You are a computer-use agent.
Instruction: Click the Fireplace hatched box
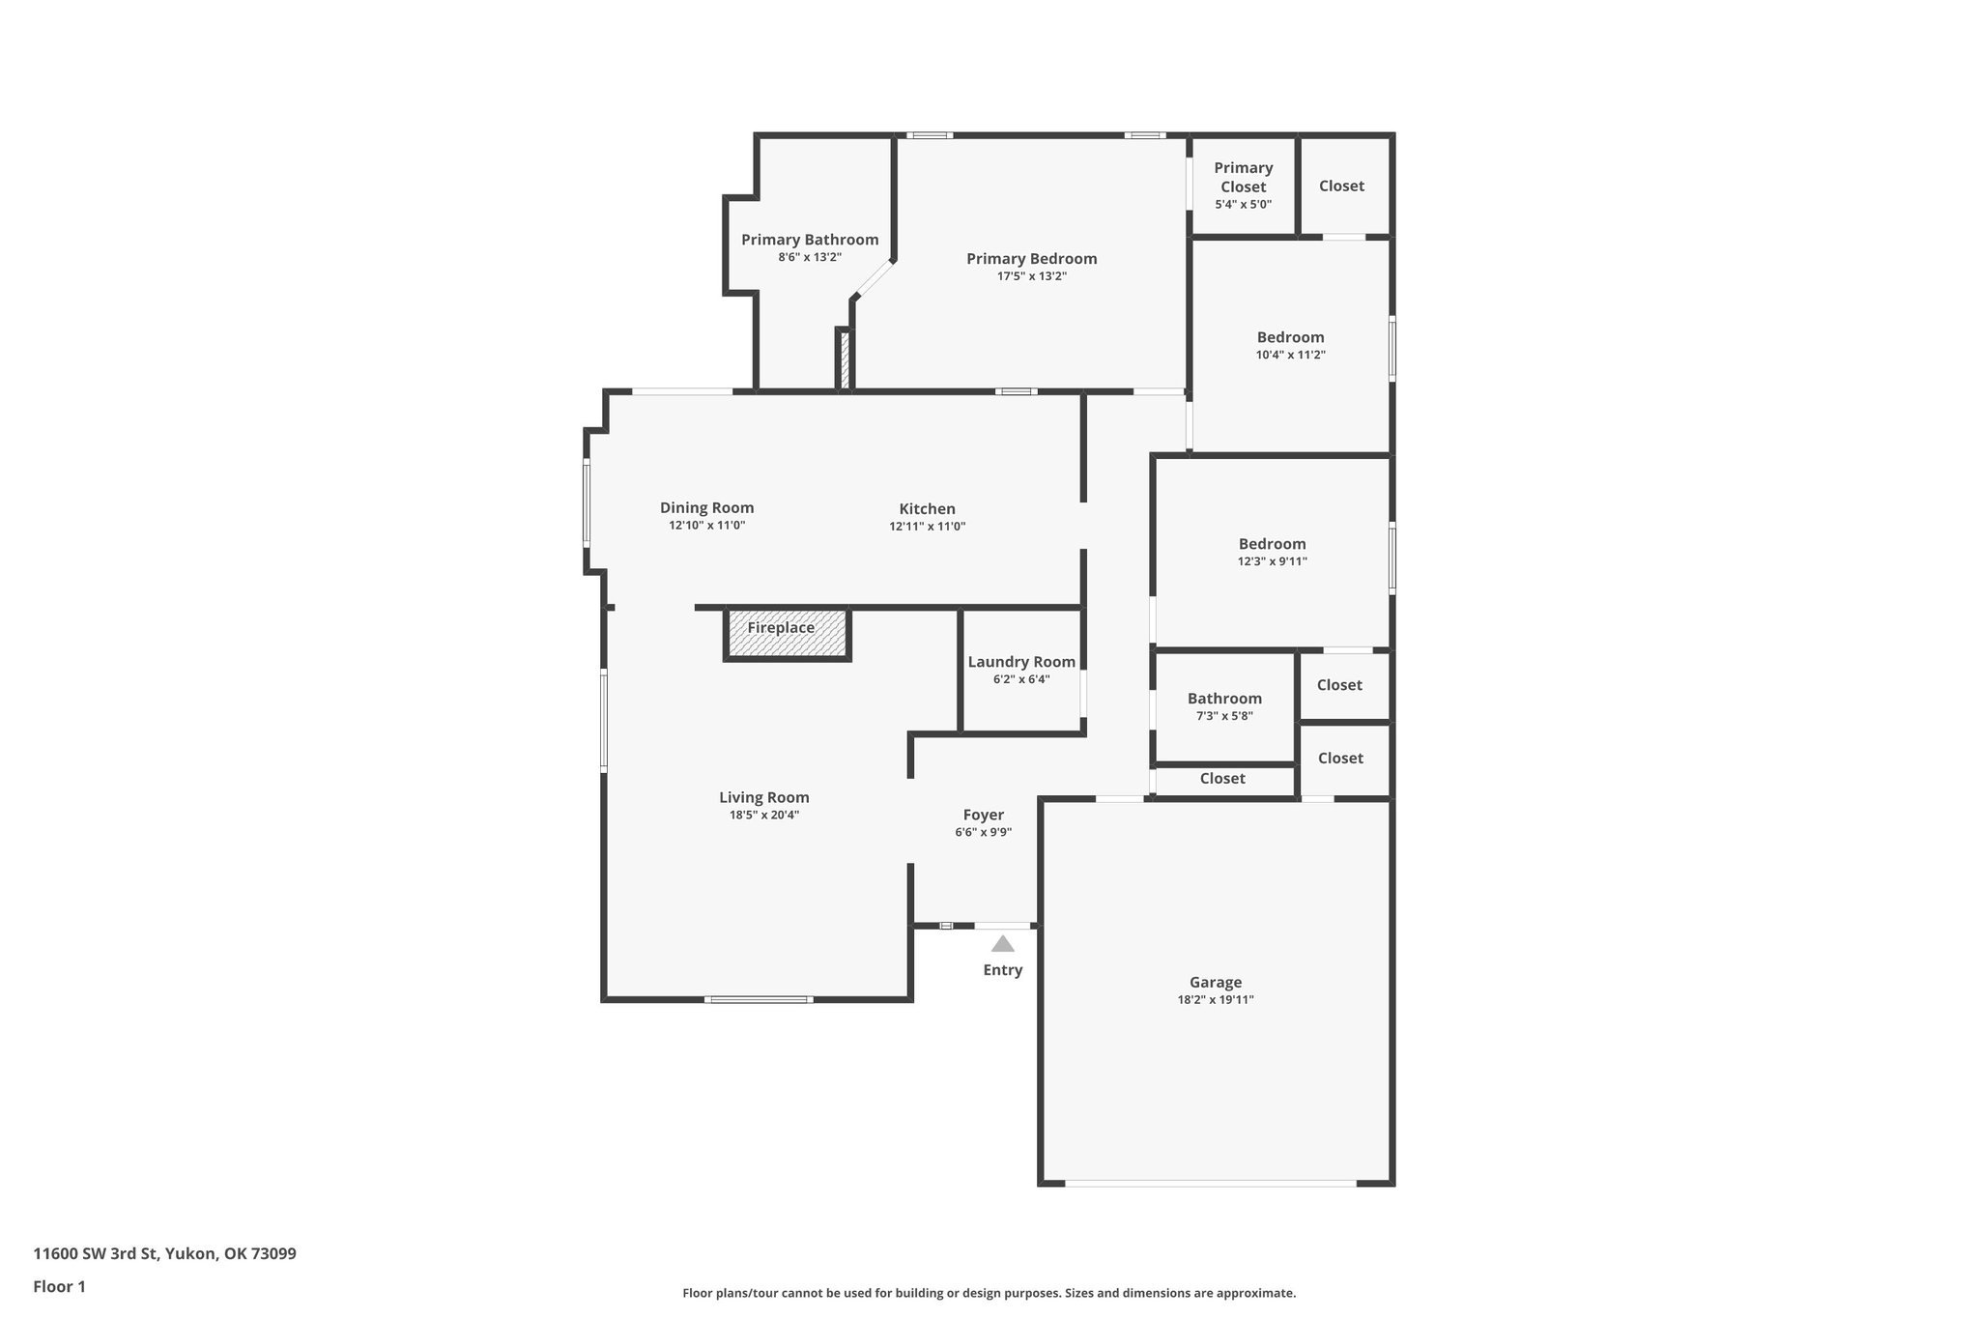coord(787,634)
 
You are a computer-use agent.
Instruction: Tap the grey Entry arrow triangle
coord(1003,944)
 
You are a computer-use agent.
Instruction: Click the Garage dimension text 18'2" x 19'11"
coord(1216,1000)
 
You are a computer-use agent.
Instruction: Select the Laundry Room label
coord(1021,662)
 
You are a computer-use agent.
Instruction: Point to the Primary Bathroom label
coord(810,240)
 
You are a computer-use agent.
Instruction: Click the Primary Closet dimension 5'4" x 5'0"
coord(1243,205)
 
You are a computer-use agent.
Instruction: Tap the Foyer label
coord(983,815)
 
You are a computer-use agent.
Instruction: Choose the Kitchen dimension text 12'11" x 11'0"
coord(927,527)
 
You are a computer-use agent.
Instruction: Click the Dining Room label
coord(706,507)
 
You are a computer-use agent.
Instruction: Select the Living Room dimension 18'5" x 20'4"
coord(763,815)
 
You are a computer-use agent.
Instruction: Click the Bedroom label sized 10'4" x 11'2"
coord(1290,337)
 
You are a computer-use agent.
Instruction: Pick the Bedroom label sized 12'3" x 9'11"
coord(1272,544)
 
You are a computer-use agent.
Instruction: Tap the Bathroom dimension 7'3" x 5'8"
coord(1224,716)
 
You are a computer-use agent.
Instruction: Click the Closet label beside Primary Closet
coord(1341,186)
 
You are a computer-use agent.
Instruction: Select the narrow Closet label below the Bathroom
coord(1222,778)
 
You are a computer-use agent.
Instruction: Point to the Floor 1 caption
coord(59,1286)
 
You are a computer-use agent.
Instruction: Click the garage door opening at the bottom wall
coord(1210,1183)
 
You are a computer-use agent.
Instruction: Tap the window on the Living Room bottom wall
coord(758,999)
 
